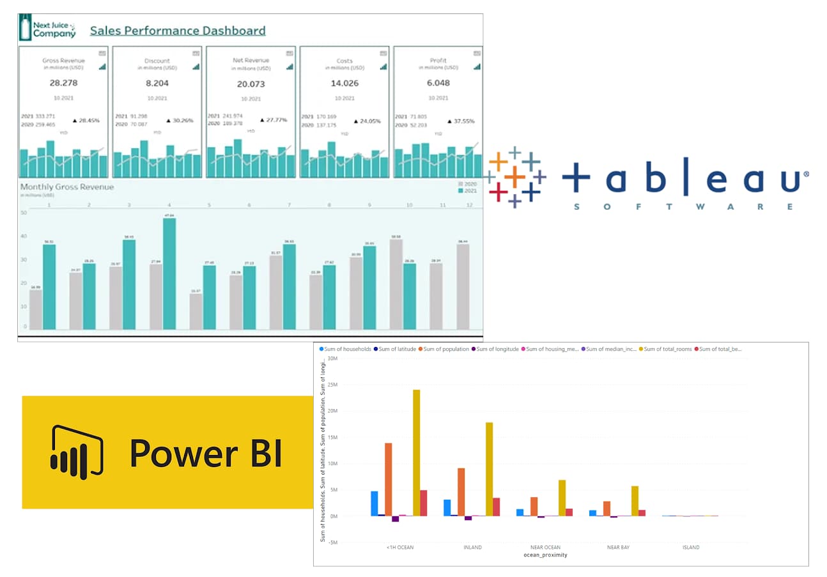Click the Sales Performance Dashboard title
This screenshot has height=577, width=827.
point(178,31)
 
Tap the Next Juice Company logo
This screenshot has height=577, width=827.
point(47,29)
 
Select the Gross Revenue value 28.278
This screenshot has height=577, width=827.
point(63,83)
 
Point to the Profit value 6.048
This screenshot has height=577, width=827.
point(438,83)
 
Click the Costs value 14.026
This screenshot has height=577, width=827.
point(344,83)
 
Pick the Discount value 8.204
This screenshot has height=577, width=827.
point(157,83)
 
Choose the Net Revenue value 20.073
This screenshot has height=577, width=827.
point(251,84)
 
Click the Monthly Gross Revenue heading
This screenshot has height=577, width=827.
point(67,187)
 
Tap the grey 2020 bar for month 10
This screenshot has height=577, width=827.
point(396,284)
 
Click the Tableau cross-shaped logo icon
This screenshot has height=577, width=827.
point(514,177)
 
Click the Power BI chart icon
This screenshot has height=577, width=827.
point(77,452)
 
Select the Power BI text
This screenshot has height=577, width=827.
point(206,453)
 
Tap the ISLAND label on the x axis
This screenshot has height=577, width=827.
point(690,548)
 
